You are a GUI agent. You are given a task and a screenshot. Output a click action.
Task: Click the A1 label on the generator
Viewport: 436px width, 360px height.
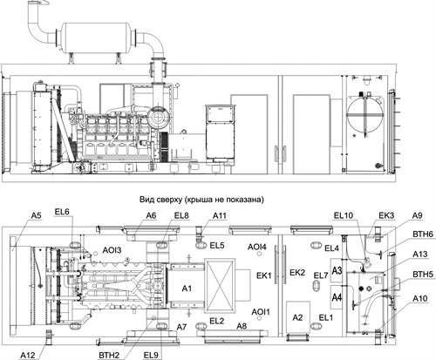pyautogui.click(x=187, y=289)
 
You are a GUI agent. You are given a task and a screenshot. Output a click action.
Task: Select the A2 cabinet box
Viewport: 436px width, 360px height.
pyautogui.click(x=298, y=317)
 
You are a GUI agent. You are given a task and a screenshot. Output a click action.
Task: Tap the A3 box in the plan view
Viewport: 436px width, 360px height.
pyautogui.click(x=337, y=270)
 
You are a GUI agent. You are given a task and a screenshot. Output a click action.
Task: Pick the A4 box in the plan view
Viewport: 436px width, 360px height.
pyautogui.click(x=337, y=297)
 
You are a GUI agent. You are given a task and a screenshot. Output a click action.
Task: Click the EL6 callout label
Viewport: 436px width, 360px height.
pyautogui.click(x=62, y=212)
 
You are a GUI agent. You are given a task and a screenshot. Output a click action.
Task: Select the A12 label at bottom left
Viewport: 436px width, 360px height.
pyautogui.click(x=28, y=355)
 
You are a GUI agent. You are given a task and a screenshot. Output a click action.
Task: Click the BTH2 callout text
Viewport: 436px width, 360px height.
pyautogui.click(x=109, y=355)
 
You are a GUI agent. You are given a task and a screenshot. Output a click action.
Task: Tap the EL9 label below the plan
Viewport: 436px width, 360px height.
pyautogui.click(x=151, y=355)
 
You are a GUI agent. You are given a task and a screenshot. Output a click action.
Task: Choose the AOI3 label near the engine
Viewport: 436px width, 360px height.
pyautogui.click(x=112, y=249)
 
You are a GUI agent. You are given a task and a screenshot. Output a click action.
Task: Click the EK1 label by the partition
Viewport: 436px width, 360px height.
pyautogui.click(x=263, y=275)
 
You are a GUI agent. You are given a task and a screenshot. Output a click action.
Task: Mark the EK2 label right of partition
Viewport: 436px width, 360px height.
pyautogui.click(x=297, y=272)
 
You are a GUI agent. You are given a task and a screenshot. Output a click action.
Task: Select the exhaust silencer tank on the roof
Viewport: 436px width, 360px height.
pyautogui.click(x=97, y=37)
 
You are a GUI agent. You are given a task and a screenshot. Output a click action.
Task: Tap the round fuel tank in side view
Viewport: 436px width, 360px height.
pyautogui.click(x=365, y=115)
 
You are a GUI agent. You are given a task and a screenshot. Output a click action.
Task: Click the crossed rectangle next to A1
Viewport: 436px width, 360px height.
pyautogui.click(x=220, y=286)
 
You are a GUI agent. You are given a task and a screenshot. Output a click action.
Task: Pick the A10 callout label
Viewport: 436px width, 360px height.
pyautogui.click(x=420, y=298)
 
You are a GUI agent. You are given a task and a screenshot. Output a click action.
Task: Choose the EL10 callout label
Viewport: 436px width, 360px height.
pyautogui.click(x=344, y=215)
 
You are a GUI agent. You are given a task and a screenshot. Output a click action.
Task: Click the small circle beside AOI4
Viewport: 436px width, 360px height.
pyautogui.click(x=259, y=254)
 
